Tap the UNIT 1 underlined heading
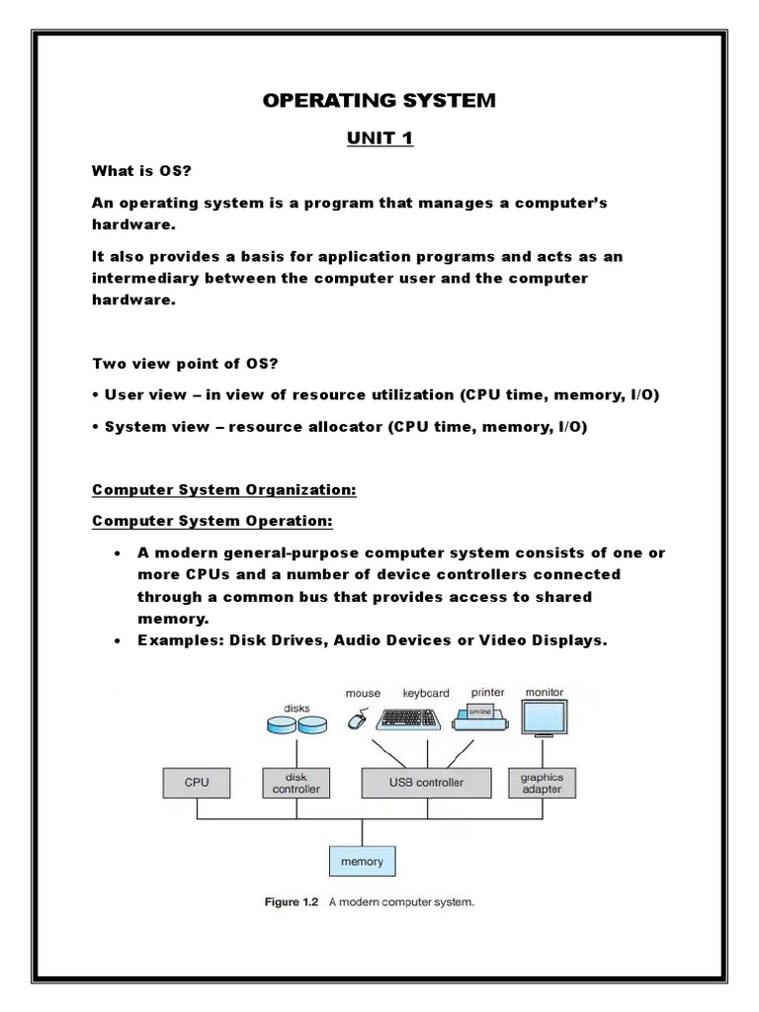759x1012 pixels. pyautogui.click(x=379, y=137)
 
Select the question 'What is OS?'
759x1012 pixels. pyautogui.click(x=141, y=170)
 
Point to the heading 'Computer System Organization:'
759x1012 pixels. pyautogui.click(x=224, y=489)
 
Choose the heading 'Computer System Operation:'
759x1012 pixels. pyautogui.click(x=211, y=521)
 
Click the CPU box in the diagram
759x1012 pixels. pyautogui.click(x=197, y=782)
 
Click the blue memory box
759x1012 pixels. pyautogui.click(x=362, y=861)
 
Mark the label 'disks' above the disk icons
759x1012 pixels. pyautogui.click(x=296, y=708)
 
